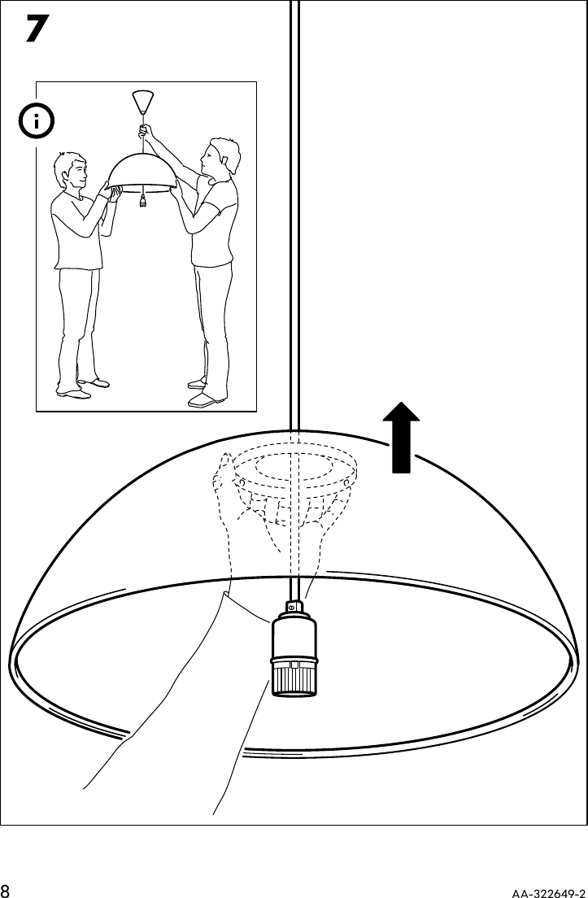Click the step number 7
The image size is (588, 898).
point(33,32)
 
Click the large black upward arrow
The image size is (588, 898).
point(400,440)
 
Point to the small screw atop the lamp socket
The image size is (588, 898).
point(291,608)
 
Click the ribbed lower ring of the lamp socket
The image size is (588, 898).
point(291,676)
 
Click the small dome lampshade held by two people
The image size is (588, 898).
point(143,171)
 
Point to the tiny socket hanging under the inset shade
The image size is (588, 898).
point(143,200)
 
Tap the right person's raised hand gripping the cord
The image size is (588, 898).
point(146,131)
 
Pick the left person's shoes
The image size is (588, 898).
point(81,388)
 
